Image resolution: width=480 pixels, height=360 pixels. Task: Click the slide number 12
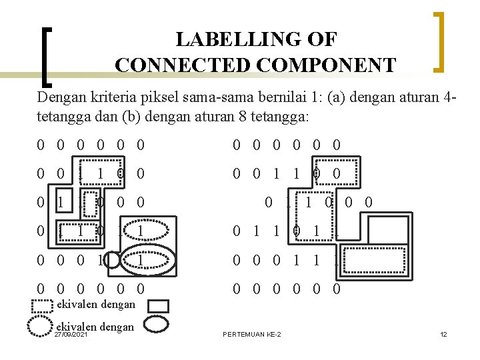click(x=443, y=334)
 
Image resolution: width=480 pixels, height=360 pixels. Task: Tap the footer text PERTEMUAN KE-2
click(x=251, y=334)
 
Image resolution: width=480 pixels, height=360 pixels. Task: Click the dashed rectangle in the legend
click(x=43, y=306)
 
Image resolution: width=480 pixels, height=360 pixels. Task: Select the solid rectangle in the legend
click(x=158, y=306)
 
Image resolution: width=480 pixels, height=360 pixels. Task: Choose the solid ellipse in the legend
click(x=158, y=325)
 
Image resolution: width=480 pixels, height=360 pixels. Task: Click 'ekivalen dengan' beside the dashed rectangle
click(x=96, y=305)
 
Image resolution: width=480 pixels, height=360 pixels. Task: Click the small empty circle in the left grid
click(x=113, y=260)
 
